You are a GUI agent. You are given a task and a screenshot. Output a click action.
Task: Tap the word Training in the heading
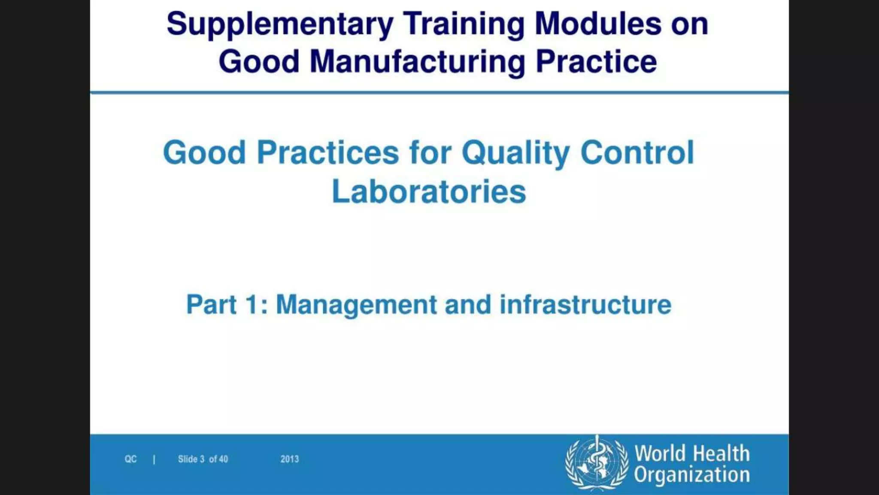click(x=464, y=24)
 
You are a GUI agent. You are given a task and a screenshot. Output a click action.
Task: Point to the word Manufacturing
click(x=418, y=62)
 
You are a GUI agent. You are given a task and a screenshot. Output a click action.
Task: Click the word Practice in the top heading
click(x=596, y=61)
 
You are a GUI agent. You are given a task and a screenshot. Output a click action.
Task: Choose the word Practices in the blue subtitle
click(x=328, y=153)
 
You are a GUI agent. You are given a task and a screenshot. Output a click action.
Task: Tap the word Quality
click(x=515, y=153)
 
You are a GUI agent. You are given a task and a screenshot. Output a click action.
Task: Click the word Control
click(x=637, y=153)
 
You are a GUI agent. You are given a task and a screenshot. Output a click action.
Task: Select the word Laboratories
click(x=429, y=192)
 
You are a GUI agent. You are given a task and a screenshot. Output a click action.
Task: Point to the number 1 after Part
click(x=252, y=305)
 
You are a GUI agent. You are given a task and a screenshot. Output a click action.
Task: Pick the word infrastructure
click(x=585, y=305)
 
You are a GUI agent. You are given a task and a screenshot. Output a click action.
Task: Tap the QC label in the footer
click(x=130, y=459)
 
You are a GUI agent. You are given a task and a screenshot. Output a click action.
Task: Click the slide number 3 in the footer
click(x=202, y=459)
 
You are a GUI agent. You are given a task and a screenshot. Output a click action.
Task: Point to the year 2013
click(x=289, y=459)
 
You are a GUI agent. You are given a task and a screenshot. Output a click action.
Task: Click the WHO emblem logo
click(x=597, y=463)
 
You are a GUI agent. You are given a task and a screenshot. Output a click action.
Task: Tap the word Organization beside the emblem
click(x=692, y=475)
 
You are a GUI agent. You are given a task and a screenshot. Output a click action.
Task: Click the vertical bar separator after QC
click(x=154, y=459)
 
